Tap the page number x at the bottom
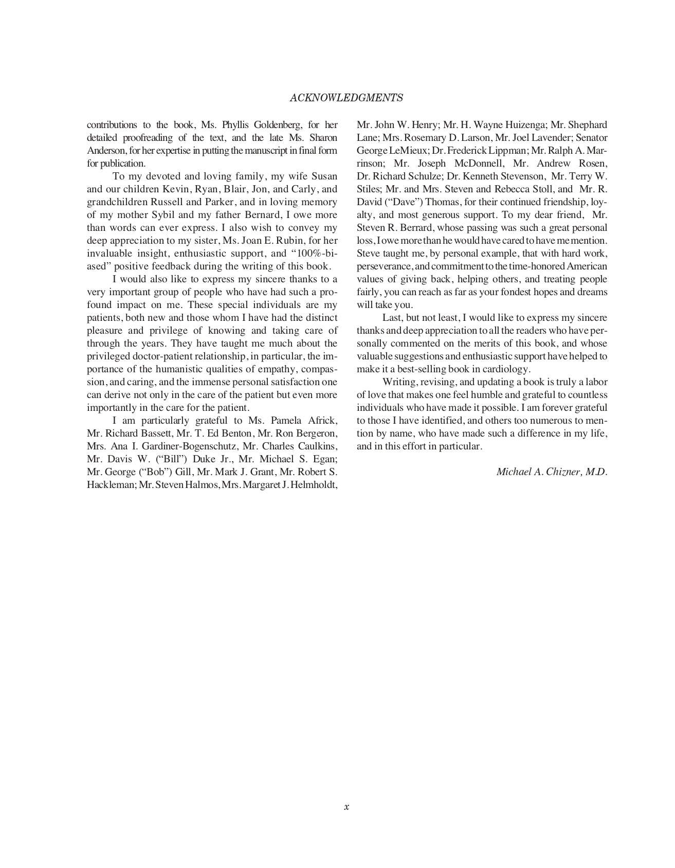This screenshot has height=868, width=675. coord(346,807)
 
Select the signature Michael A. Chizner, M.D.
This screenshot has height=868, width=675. coord(552,472)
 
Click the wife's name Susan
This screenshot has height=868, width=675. coord(324,176)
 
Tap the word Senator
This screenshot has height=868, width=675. coord(591,138)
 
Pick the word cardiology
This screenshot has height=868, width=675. coord(506,369)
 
